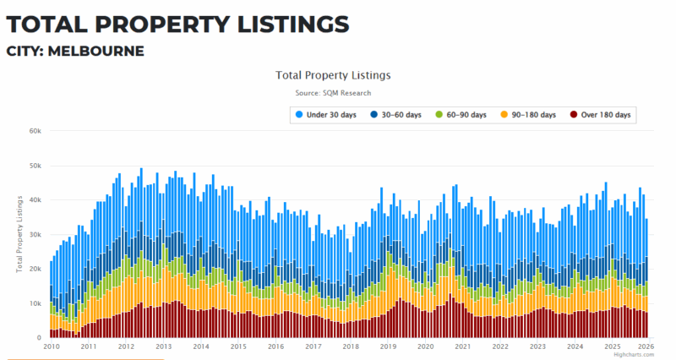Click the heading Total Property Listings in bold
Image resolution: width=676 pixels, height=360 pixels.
tap(177, 21)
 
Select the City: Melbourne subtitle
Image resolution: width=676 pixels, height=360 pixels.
tap(75, 51)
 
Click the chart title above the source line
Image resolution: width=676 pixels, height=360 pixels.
tap(332, 75)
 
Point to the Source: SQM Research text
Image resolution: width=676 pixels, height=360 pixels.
tap(332, 93)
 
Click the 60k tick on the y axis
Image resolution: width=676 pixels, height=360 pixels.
tap(35, 131)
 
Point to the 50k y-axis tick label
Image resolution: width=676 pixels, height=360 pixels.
tap(35, 166)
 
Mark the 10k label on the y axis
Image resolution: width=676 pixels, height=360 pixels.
tap(35, 303)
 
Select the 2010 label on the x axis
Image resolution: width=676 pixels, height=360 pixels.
tap(51, 346)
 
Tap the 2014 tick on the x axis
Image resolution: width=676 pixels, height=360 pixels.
tap(201, 346)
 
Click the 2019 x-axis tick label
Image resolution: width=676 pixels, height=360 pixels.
tap(388, 346)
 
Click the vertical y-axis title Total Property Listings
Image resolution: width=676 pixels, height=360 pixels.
tap(19, 234)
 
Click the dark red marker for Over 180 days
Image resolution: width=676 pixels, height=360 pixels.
tap(573, 114)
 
